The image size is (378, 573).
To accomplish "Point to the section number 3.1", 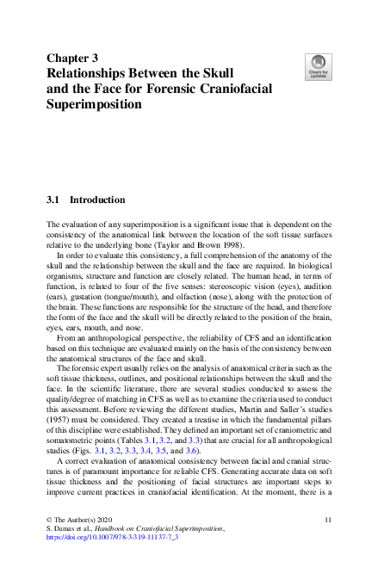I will (x=53, y=200).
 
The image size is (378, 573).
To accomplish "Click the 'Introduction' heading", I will (x=97, y=200).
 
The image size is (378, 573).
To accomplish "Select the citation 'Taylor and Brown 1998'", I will (x=201, y=245).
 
